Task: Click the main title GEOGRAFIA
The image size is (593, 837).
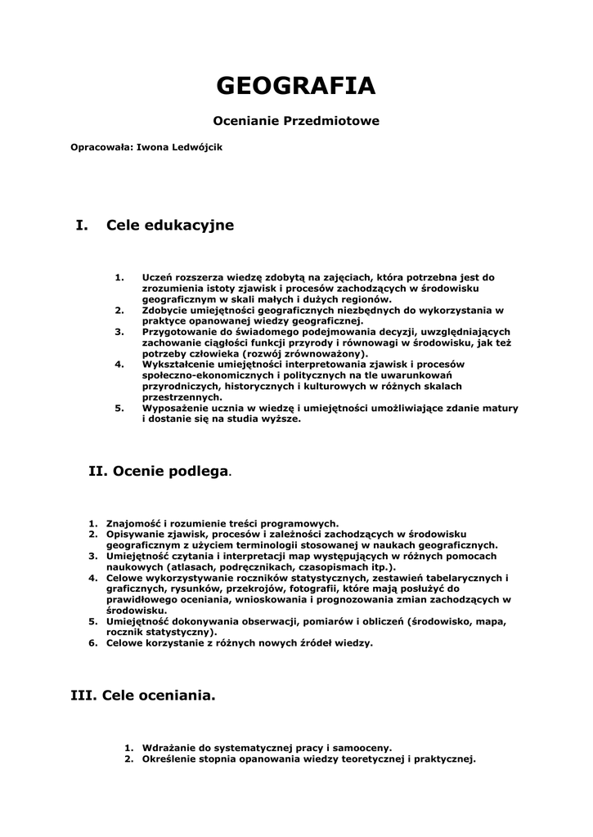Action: pyautogui.click(x=296, y=86)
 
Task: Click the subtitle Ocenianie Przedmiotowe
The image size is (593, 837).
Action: pyautogui.click(x=296, y=120)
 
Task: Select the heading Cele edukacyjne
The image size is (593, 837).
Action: pyautogui.click(x=170, y=225)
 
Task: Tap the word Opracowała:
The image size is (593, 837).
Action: pyautogui.click(x=101, y=148)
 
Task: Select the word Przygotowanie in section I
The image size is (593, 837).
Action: pyautogui.click(x=179, y=332)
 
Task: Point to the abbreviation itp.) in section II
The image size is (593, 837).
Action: pyautogui.click(x=357, y=566)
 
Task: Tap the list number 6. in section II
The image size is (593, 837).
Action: pyautogui.click(x=93, y=642)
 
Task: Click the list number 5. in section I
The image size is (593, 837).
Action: pyautogui.click(x=119, y=408)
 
